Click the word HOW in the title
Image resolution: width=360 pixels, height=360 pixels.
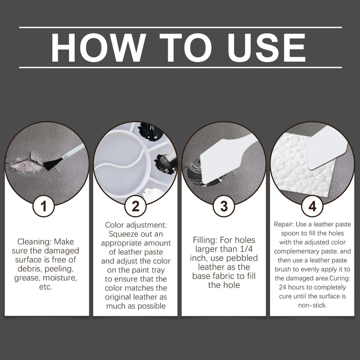98,48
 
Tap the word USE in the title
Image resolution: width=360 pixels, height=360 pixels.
266,48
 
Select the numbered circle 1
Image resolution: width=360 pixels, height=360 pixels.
44,206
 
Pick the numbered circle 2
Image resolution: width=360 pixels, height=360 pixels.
135,206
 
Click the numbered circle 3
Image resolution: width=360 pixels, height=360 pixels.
224,206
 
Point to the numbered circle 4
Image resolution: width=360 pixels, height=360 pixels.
312,206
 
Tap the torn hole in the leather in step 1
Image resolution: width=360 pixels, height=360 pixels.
24,163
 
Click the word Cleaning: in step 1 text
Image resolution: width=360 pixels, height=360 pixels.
35,242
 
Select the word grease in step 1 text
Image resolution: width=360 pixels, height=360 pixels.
27,278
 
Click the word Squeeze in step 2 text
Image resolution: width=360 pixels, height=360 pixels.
123,234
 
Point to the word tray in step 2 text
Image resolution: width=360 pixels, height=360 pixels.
158,270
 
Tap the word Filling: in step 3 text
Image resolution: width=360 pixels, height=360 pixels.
205,240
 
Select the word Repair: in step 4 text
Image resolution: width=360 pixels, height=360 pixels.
284,224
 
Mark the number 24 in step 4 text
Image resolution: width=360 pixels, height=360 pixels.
283,287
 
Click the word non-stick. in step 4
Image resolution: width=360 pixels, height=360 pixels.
312,305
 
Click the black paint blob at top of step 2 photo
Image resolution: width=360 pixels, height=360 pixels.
150,132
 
